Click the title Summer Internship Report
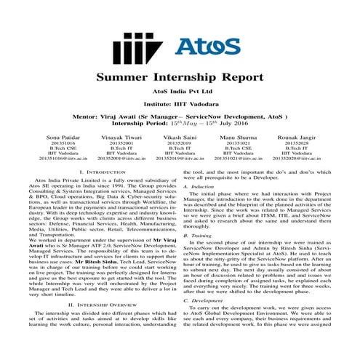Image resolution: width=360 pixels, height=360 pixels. point(180,79)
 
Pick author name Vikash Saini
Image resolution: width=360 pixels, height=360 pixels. point(180,135)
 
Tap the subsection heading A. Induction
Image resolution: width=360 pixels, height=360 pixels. point(199,188)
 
